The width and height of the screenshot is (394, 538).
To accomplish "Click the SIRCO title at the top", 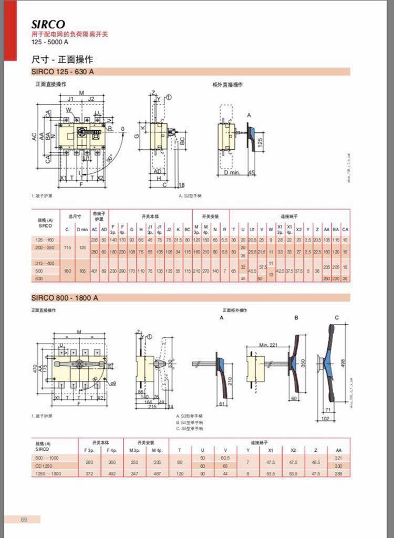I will click(x=48, y=24).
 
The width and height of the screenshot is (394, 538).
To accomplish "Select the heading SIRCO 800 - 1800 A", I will click(x=65, y=298).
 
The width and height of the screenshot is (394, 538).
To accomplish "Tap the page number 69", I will click(x=24, y=520).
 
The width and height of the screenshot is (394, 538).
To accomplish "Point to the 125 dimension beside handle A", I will click(x=259, y=142).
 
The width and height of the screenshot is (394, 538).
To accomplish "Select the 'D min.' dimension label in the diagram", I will click(x=228, y=172).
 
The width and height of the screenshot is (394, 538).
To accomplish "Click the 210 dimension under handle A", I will click(x=230, y=379).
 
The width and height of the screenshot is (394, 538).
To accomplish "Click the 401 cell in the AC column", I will click(x=95, y=271).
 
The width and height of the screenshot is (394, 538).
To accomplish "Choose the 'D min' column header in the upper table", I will click(x=82, y=229).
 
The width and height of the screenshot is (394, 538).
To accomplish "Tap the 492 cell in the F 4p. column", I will click(x=111, y=473).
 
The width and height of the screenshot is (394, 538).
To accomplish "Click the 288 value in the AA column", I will click(x=338, y=473).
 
